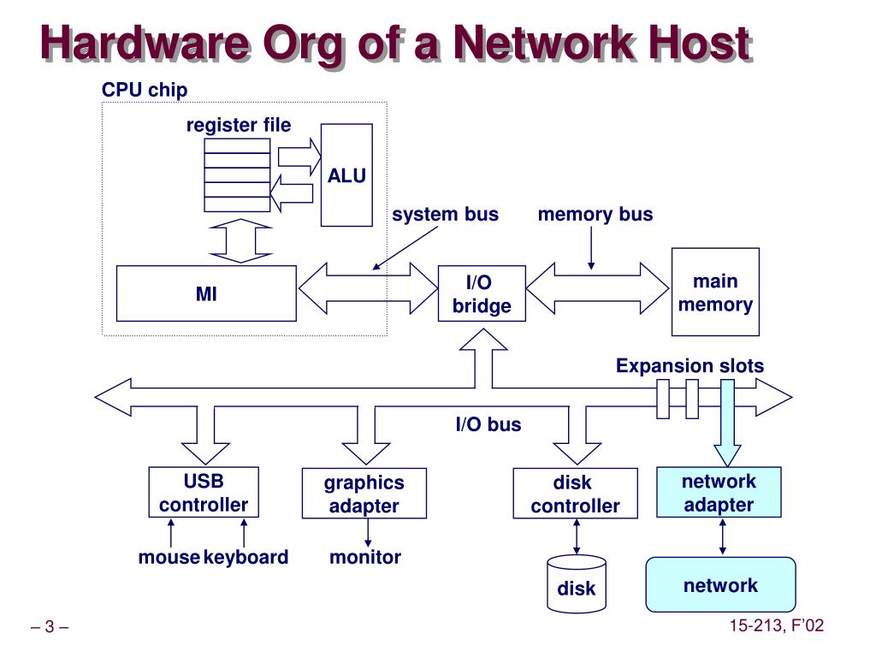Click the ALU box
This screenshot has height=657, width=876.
[x=346, y=175]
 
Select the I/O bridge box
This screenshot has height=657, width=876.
[x=482, y=293]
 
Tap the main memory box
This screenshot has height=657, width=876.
[x=715, y=292]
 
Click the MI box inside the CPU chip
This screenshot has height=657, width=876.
[x=206, y=293]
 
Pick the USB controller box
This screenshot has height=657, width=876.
[x=204, y=492]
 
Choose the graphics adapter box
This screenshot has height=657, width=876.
[x=364, y=494]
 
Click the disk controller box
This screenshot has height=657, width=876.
[x=576, y=494]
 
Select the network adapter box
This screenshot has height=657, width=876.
[x=719, y=492]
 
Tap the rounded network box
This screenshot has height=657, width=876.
[x=720, y=584]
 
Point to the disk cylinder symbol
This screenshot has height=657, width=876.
[x=577, y=583]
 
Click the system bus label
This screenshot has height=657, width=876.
[x=445, y=214]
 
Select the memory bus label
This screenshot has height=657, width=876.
[x=595, y=214]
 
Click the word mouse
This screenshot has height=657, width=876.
[x=169, y=557]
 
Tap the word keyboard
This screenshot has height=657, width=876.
[x=246, y=557]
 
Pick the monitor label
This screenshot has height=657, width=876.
[x=365, y=557]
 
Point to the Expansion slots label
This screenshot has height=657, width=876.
[x=690, y=365]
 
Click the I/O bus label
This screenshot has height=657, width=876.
[x=488, y=424]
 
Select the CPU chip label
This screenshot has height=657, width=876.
[x=145, y=89]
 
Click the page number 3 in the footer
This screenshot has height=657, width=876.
[x=50, y=626]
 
